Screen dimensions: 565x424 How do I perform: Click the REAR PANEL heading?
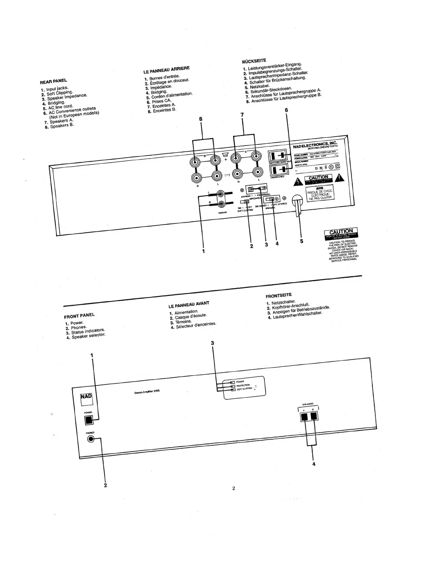tap(53, 82)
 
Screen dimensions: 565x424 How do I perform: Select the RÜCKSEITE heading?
tap(254, 60)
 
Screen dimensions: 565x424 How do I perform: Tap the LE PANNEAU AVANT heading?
tap(189, 304)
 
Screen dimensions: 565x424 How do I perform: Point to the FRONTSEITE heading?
tap(278, 295)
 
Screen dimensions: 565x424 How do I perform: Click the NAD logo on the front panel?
tap(86, 396)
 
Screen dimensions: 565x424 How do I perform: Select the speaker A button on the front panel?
tap(304, 417)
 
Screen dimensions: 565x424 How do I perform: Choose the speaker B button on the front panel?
tap(313, 417)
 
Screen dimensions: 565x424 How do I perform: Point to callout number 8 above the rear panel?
tap(201, 119)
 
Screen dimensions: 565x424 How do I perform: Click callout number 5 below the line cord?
tap(301, 241)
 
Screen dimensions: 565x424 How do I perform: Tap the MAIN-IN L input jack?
tap(221, 194)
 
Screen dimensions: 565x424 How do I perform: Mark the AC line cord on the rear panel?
tap(297, 203)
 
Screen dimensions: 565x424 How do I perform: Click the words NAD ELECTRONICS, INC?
tap(315, 145)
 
